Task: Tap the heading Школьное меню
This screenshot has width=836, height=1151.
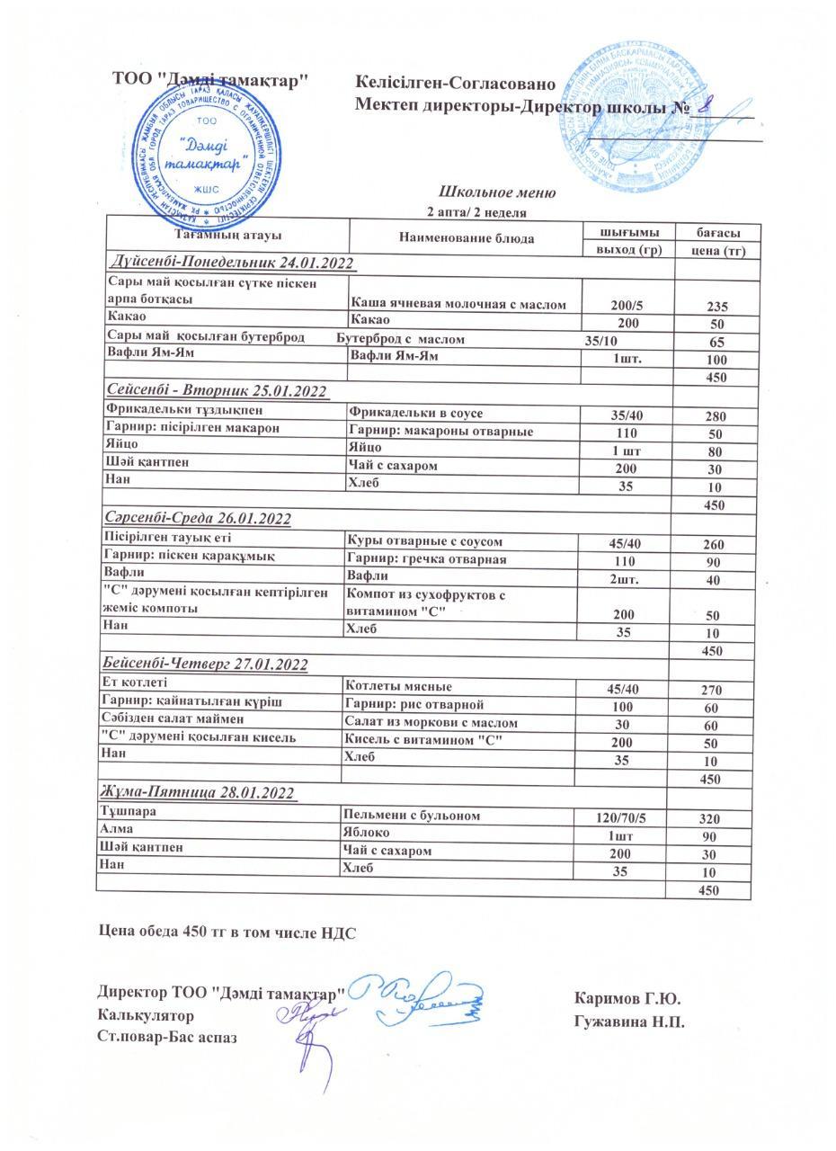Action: (x=497, y=192)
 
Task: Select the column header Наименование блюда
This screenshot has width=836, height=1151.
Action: (x=467, y=238)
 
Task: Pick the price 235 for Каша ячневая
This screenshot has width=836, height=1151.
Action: (x=716, y=306)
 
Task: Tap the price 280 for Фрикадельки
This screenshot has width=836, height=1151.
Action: (x=716, y=415)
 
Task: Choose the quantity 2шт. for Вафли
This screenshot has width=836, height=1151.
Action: (x=625, y=579)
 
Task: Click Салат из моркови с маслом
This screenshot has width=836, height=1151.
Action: (x=431, y=721)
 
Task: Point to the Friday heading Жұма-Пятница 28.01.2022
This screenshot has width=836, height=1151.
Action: (x=198, y=792)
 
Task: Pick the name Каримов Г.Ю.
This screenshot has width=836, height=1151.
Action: (x=627, y=999)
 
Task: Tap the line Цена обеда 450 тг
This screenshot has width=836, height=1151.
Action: (x=227, y=932)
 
